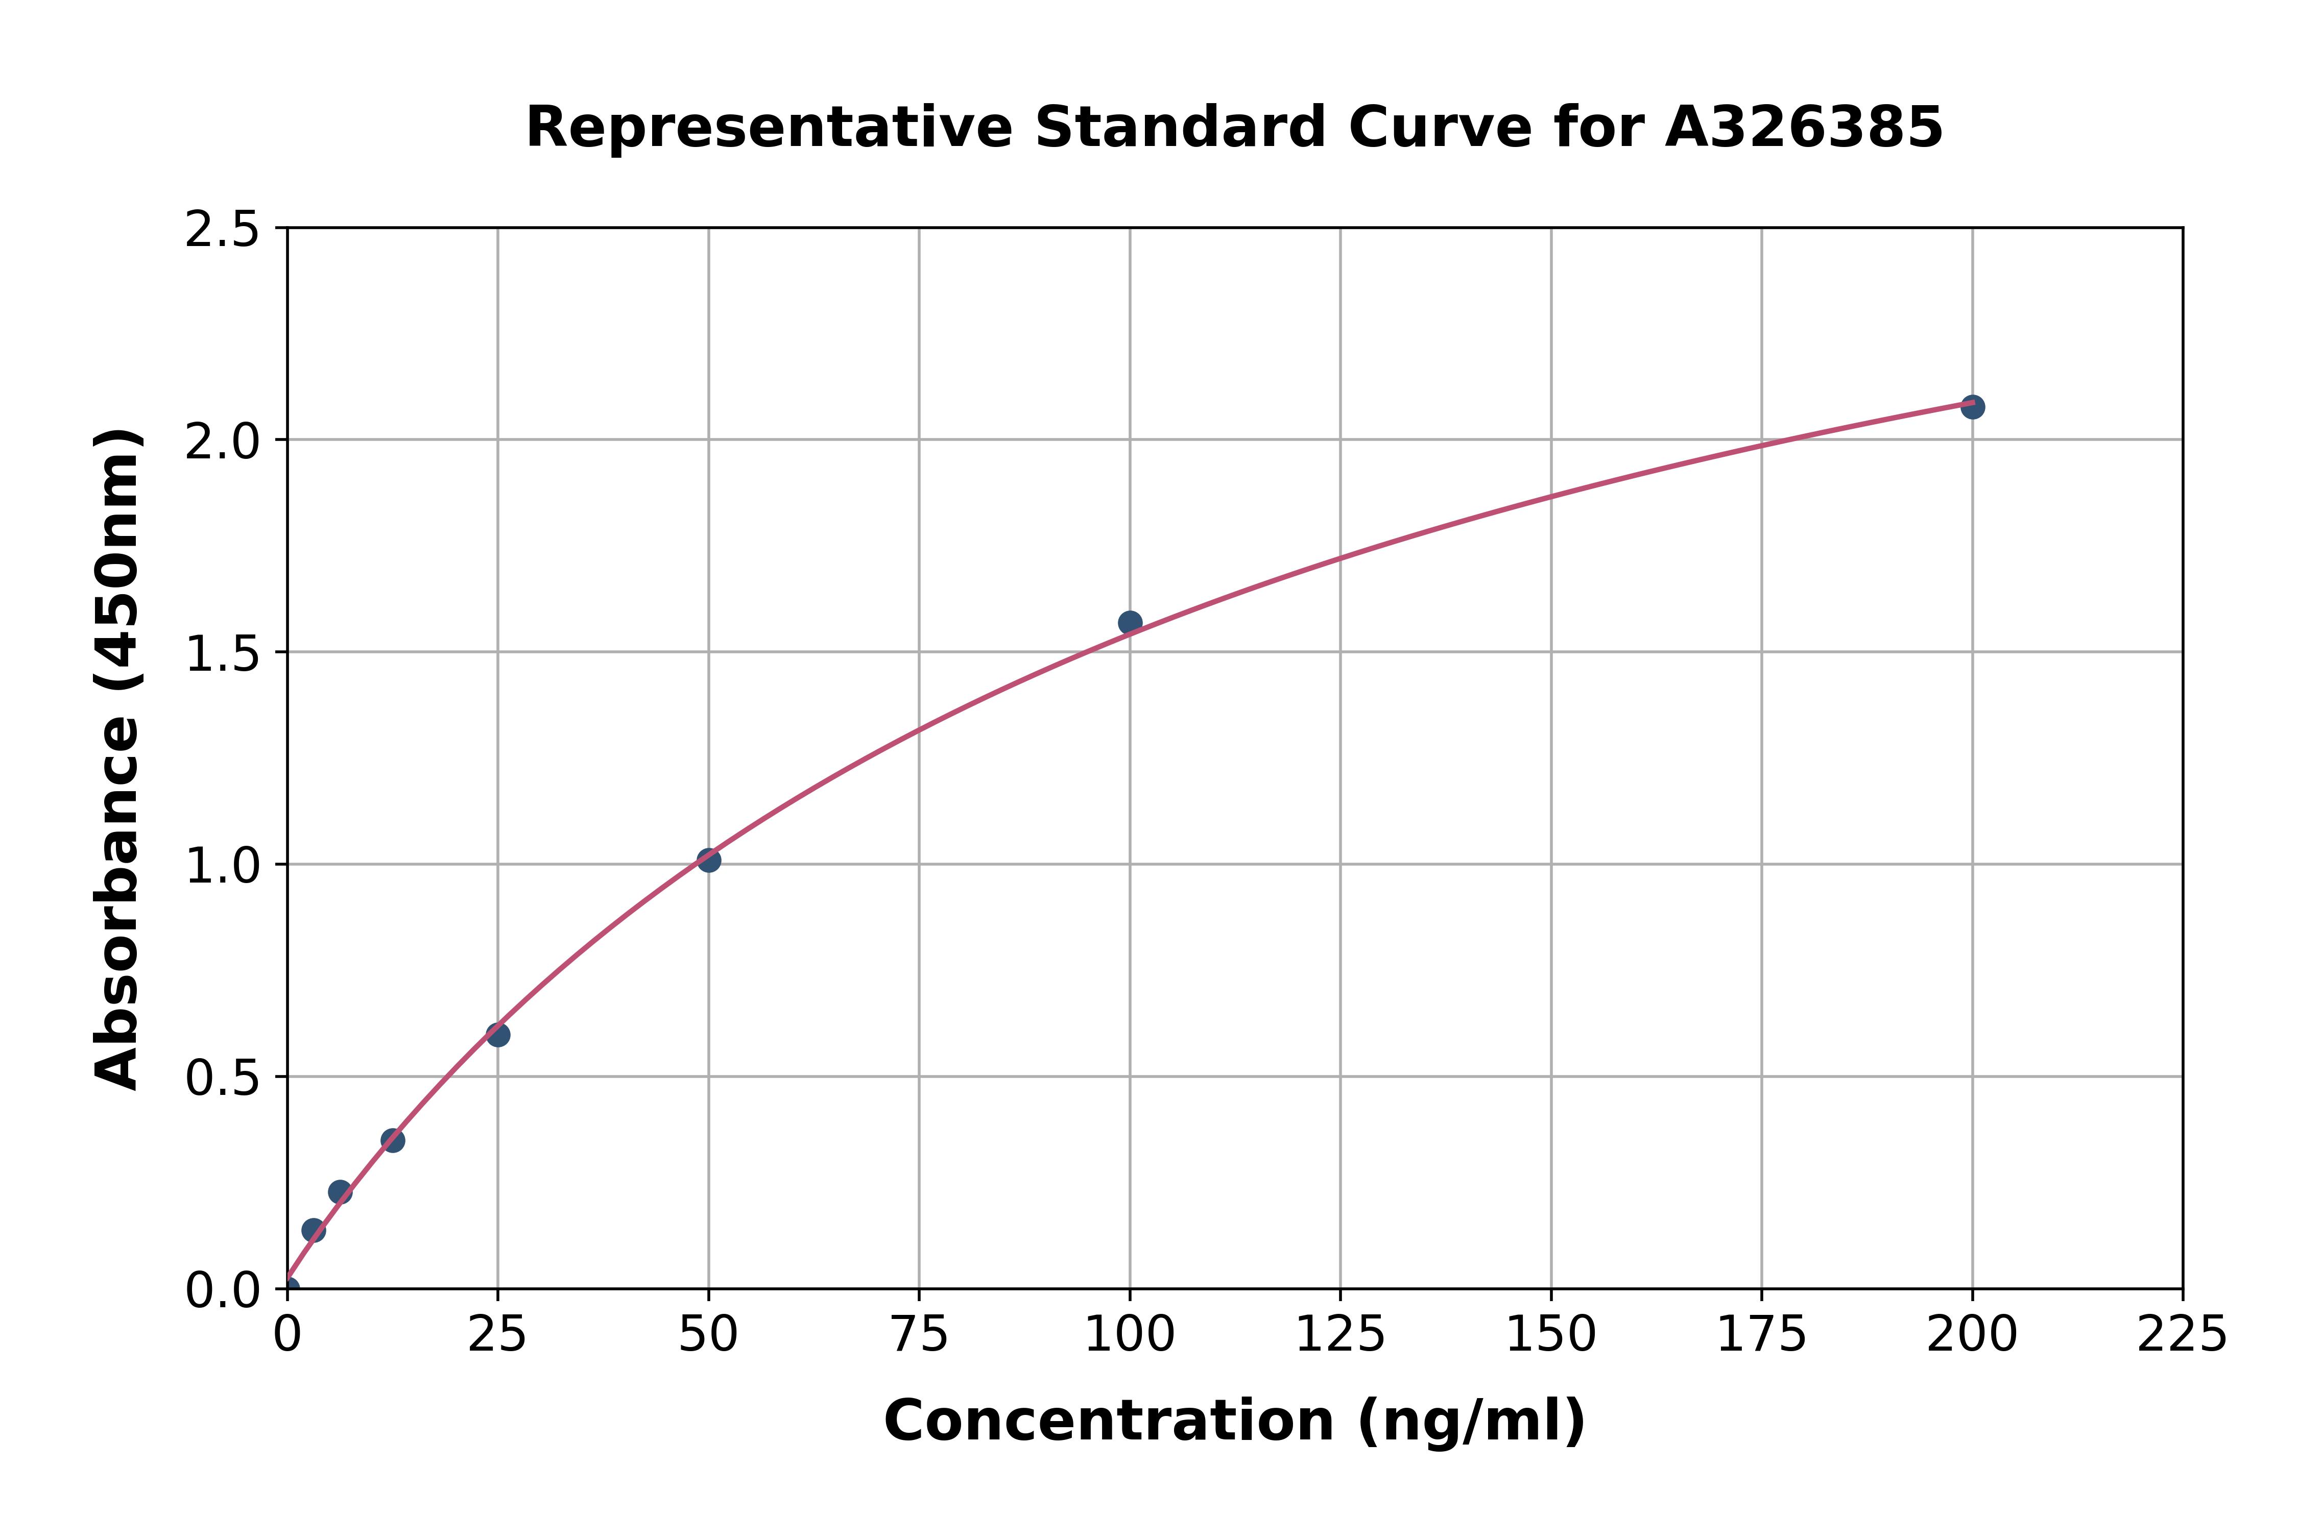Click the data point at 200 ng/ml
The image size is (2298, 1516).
(x=1972, y=407)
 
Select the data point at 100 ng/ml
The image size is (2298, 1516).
(x=1130, y=623)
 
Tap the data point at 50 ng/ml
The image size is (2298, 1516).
(x=709, y=860)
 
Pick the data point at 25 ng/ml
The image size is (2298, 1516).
(x=498, y=1035)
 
